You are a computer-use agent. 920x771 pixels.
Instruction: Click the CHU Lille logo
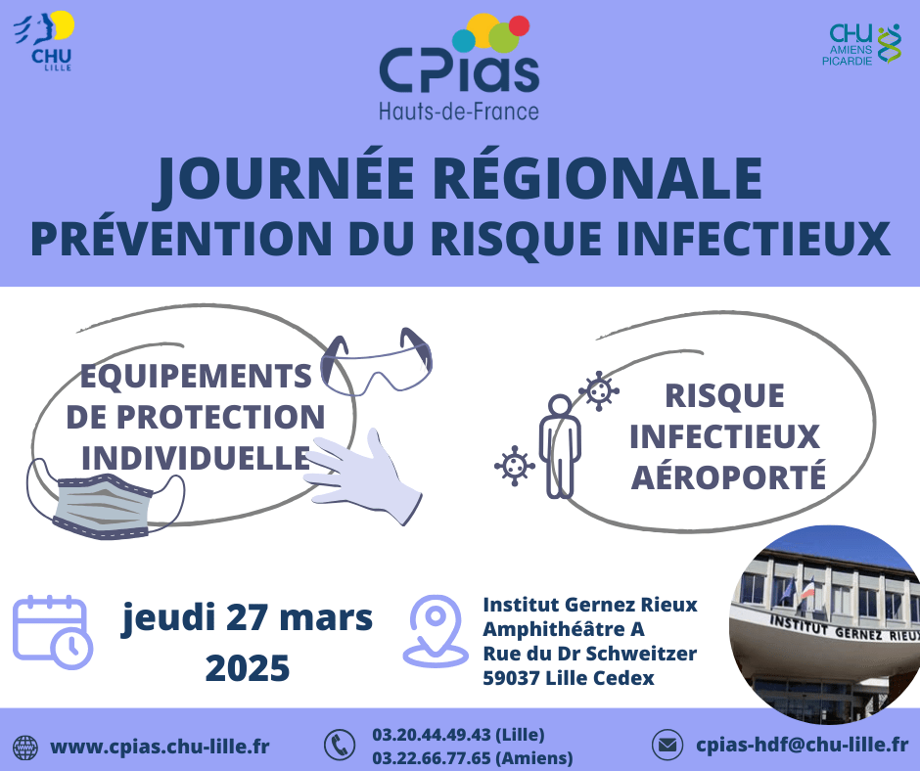click(x=44, y=41)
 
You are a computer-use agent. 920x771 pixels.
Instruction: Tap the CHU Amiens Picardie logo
click(x=860, y=45)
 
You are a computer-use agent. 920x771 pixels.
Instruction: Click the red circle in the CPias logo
click(x=519, y=25)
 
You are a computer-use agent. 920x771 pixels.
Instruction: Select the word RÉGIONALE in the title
click(x=598, y=178)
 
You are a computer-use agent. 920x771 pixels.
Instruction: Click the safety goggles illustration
click(x=376, y=362)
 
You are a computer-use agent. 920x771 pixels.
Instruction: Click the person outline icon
click(x=561, y=446)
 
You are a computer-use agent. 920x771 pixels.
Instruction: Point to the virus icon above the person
click(x=598, y=390)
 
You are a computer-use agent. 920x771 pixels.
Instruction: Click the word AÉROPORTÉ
click(x=728, y=477)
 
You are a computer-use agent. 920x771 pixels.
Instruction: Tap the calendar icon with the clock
click(x=53, y=632)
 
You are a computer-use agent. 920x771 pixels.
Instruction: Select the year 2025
click(x=247, y=667)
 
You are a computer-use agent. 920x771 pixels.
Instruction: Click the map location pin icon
click(x=436, y=631)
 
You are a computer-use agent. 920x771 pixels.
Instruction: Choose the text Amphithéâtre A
click(x=564, y=629)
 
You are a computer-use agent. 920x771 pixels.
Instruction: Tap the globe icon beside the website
click(x=25, y=748)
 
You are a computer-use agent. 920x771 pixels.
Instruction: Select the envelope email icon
click(x=667, y=746)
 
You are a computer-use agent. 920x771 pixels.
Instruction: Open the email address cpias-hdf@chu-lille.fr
click(x=803, y=745)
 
